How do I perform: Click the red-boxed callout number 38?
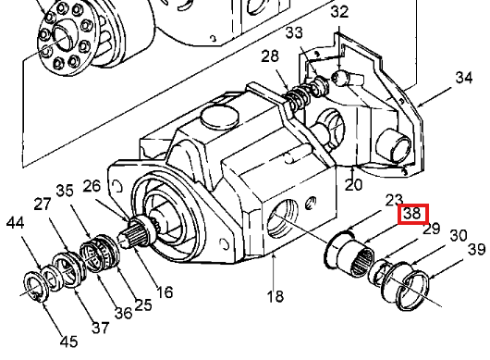click(413, 214)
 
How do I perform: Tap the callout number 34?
click(464, 77)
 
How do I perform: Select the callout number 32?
click(339, 12)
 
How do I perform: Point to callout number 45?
click(69, 341)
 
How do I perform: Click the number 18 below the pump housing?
click(276, 296)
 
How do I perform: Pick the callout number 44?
click(15, 223)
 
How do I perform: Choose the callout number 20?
click(353, 184)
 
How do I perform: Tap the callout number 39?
click(476, 249)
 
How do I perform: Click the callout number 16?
click(165, 292)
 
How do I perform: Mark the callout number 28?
click(270, 56)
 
